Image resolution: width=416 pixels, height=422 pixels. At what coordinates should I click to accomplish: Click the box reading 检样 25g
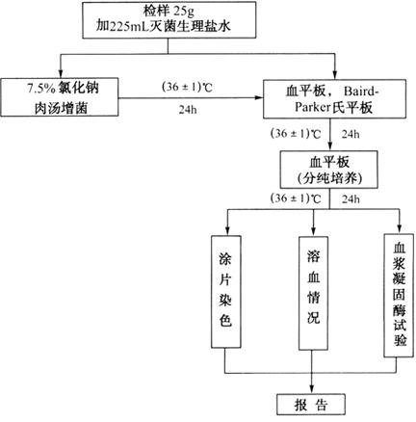point(169,20)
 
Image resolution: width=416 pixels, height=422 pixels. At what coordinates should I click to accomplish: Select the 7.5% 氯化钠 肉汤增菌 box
point(59,96)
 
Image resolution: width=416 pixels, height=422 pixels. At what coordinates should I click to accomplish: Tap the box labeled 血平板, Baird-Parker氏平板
point(334,99)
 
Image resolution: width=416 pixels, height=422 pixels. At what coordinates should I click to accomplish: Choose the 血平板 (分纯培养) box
point(329,170)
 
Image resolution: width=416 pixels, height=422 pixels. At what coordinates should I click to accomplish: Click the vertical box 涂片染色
point(226,292)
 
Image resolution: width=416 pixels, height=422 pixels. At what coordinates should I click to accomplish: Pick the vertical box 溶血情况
point(313,293)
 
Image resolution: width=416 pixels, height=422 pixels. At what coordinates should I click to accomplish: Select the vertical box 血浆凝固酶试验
point(399,295)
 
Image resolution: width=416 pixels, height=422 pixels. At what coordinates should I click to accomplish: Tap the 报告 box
point(311,405)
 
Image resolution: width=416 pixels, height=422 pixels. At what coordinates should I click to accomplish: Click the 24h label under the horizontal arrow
point(188,110)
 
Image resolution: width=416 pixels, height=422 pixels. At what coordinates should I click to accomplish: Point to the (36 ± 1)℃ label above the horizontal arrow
point(187,87)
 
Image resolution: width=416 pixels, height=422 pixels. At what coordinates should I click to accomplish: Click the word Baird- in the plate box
point(361,92)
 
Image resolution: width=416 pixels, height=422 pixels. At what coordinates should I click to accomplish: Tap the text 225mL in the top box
point(129,27)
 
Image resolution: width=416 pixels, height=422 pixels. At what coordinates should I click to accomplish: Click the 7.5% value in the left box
point(41,89)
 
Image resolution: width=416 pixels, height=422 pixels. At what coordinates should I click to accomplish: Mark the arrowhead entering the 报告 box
point(312,389)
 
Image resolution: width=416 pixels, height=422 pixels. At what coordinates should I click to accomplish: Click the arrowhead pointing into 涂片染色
point(227,231)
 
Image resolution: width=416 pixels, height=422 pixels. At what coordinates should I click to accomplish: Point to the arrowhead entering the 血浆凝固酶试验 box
point(400,228)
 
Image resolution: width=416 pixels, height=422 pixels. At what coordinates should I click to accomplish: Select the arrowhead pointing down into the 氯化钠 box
point(60,73)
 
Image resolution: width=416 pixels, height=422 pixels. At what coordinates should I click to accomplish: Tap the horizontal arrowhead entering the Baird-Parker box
point(259,97)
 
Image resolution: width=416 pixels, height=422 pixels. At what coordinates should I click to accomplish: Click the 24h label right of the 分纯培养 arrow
point(351,199)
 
